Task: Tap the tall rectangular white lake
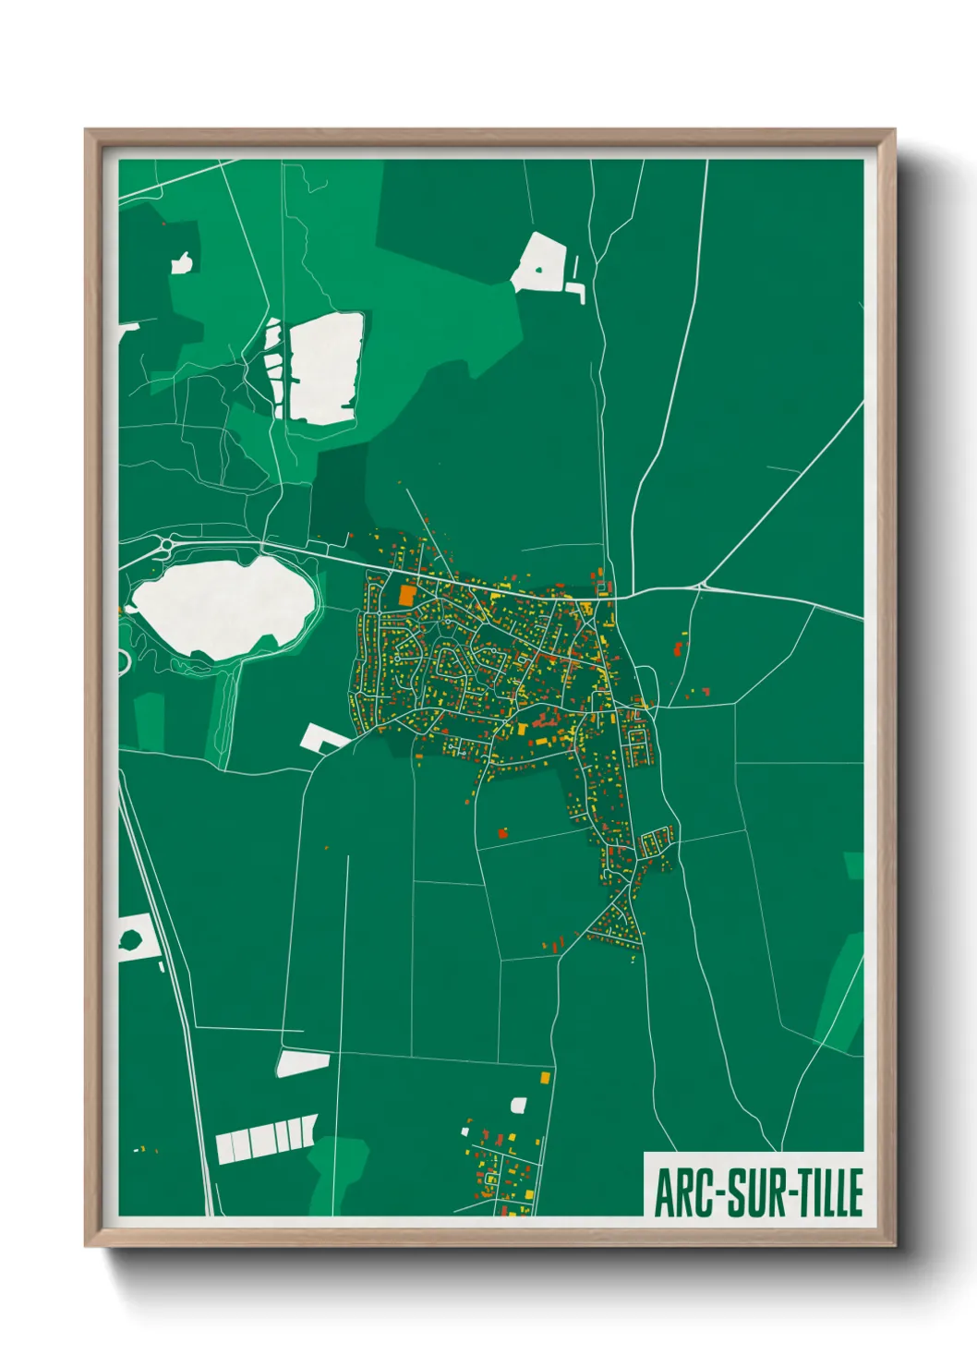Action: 324,368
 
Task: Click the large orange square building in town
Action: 406,595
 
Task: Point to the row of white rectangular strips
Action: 266,1139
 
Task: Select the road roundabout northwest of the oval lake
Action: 166,546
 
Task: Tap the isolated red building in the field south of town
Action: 502,833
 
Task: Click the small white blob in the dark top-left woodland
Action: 182,263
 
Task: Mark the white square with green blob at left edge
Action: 134,938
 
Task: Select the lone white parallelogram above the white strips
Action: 303,1063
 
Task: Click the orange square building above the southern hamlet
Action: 544,1077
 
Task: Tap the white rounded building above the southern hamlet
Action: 518,1105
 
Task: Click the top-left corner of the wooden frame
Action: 88,132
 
